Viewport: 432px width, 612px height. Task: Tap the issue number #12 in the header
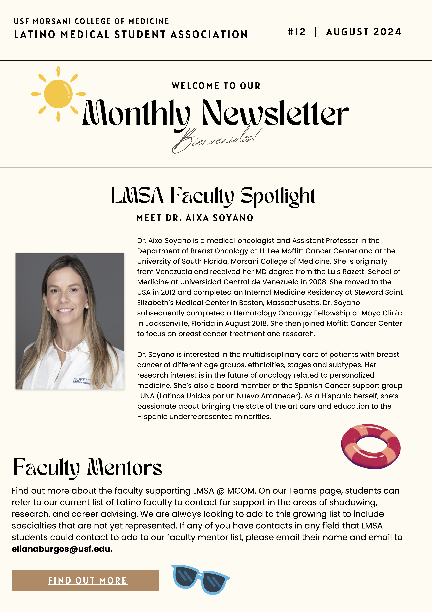click(296, 32)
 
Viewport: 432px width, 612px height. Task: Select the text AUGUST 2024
click(364, 32)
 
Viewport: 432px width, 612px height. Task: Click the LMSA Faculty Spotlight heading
click(213, 196)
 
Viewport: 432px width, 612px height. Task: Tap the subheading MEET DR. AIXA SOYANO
click(195, 218)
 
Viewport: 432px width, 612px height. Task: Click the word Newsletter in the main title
click(275, 113)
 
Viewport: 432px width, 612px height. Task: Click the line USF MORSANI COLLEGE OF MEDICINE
click(91, 21)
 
